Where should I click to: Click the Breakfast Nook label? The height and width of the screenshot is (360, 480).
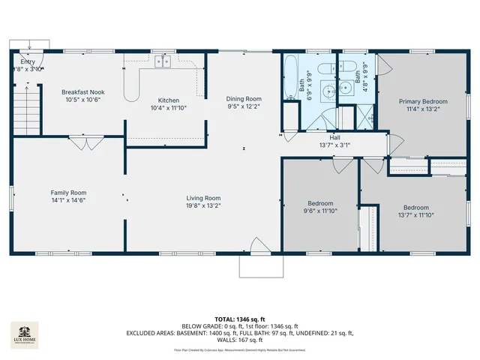(82, 92)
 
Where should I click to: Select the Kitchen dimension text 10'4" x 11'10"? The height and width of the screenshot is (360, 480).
(168, 108)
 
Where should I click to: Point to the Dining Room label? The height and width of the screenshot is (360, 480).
(244, 98)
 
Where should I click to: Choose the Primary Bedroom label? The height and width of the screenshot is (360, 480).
(423, 101)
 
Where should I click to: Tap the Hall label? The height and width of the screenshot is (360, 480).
(334, 137)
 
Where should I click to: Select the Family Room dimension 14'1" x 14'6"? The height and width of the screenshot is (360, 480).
(68, 201)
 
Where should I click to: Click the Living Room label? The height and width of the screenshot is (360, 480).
(203, 198)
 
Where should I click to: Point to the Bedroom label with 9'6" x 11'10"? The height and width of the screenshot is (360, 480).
(320, 203)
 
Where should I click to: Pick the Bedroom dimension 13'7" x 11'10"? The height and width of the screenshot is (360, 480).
(415, 216)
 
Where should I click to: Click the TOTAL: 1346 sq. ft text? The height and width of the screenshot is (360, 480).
(239, 319)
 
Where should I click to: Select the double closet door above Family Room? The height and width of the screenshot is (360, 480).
(82, 142)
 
